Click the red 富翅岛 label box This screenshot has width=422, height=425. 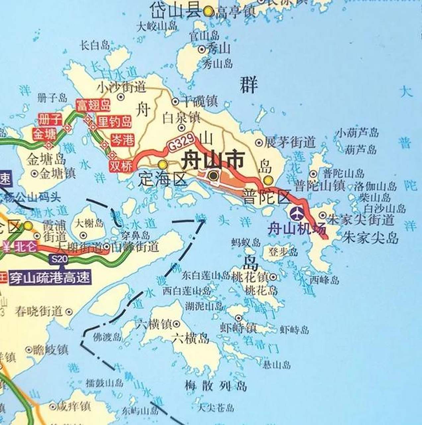tap(93, 106)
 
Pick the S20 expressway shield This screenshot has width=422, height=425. tap(60, 259)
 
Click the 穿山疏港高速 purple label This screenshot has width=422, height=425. tap(50, 277)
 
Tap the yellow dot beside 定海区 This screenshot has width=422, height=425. tap(163, 164)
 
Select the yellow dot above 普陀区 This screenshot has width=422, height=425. tap(268, 180)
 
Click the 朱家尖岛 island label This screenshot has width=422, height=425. tap(370, 238)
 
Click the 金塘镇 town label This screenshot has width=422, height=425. tap(58, 173)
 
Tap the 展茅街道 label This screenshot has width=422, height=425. tap(289, 142)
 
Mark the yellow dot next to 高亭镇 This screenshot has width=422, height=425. tap(208, 12)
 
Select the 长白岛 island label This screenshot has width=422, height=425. tap(95, 45)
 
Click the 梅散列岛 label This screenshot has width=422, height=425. tap(216, 386)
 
